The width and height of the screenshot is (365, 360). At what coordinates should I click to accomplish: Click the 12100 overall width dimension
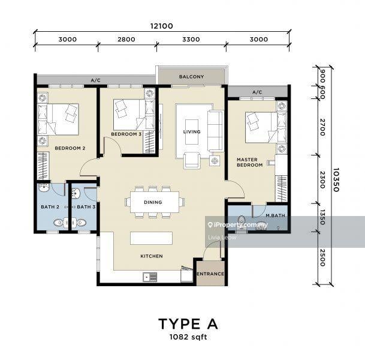pos(162,26)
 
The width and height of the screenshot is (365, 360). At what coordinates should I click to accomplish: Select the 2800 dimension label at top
pos(126,39)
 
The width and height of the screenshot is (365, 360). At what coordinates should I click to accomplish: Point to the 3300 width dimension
pos(191,39)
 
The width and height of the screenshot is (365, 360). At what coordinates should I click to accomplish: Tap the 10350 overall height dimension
pos(336,179)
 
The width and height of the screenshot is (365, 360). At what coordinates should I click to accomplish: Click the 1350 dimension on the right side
pos(322,217)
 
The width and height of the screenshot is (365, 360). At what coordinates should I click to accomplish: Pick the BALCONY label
pos(191,77)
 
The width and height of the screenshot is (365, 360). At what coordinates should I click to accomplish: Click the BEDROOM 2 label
pos(70,148)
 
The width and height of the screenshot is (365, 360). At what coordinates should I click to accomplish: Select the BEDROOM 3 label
pos(126,134)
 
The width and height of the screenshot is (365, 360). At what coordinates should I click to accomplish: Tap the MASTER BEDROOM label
pos(250,163)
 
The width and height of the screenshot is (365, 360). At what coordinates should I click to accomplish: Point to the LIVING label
pos(192,132)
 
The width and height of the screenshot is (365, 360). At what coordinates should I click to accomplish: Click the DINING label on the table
pos(153,202)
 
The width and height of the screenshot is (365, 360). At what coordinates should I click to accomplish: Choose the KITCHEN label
pos(152,256)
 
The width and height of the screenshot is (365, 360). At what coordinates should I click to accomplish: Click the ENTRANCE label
pos(210,274)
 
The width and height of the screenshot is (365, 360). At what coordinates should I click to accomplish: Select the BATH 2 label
pos(50,206)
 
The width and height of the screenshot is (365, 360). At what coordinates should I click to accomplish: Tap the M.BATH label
pos(275,215)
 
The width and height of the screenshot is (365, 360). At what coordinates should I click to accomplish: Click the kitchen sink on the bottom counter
pos(150,277)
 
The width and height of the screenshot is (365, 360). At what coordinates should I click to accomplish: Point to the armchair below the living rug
pos(192,160)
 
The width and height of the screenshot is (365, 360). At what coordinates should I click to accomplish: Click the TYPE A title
pos(188,324)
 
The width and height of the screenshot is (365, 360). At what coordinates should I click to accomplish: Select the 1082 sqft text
pos(188,337)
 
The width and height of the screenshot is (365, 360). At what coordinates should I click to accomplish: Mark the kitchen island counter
pos(151,238)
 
